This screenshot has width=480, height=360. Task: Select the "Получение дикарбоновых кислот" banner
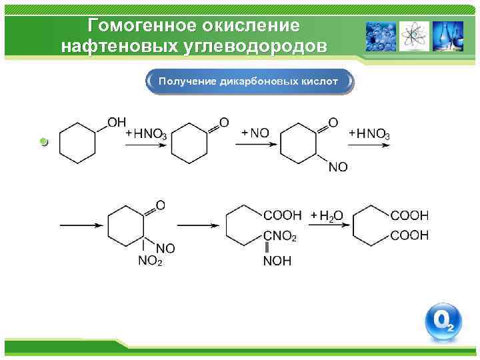click(249, 81)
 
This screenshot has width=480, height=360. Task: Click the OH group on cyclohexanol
click(117, 122)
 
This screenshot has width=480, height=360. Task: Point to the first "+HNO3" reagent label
click(146, 134)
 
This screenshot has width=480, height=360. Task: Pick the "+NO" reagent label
click(255, 133)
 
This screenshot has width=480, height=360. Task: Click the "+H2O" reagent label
click(327, 215)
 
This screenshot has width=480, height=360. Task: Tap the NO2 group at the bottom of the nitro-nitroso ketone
click(150, 261)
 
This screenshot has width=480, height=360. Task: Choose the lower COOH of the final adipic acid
click(409, 236)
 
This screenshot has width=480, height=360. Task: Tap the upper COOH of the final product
click(409, 215)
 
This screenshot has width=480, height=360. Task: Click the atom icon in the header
click(414, 36)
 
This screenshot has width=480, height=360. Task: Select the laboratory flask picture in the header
click(446, 36)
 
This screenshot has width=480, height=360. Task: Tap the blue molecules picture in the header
click(381, 36)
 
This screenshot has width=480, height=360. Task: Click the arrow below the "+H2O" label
click(327, 226)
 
